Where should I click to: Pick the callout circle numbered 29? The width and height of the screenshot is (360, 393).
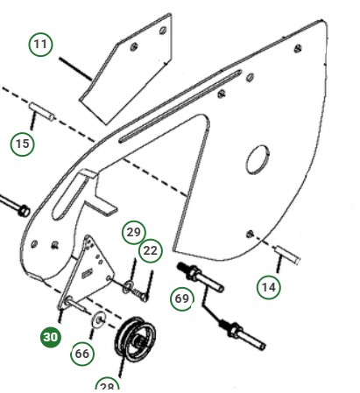(x=133, y=232)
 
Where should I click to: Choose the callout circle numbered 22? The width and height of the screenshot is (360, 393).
(x=151, y=250)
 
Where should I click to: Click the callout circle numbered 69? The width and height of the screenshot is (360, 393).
(x=182, y=299)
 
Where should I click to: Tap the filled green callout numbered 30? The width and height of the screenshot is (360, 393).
(x=51, y=337)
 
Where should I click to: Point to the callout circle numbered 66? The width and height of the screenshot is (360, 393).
(x=82, y=354)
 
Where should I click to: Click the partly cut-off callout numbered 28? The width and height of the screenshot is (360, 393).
(x=107, y=386)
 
